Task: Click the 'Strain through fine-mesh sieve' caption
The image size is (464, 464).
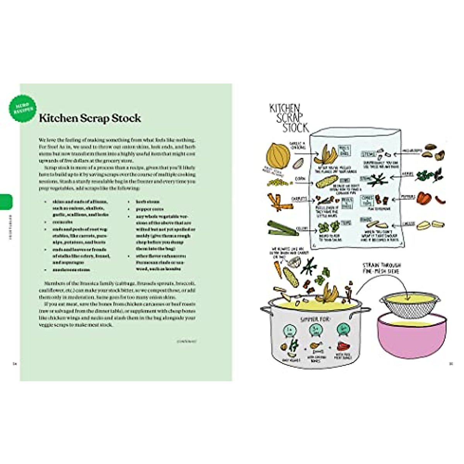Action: [x=381, y=268]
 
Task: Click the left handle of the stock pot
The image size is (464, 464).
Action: [x=266, y=310]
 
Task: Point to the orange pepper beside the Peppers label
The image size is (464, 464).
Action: [x=423, y=198]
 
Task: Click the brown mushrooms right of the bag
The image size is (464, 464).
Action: [x=435, y=153]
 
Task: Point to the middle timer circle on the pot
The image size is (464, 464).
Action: [x=314, y=331]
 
